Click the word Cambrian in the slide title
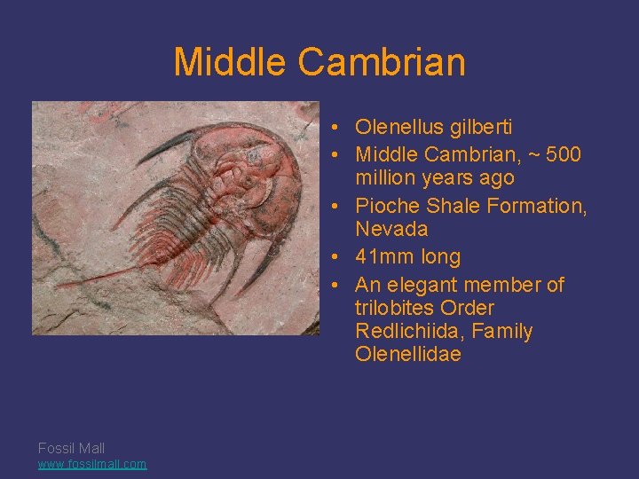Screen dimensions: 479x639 pos(382,62)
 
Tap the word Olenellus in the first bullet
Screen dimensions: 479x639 pos(394,127)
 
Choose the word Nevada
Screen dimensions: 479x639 pos(391,229)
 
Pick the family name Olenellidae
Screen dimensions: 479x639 pos(408,355)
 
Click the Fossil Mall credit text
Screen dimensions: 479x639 pos(71,448)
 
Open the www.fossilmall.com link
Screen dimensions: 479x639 pos(92,464)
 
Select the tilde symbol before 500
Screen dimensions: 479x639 pos(536,154)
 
